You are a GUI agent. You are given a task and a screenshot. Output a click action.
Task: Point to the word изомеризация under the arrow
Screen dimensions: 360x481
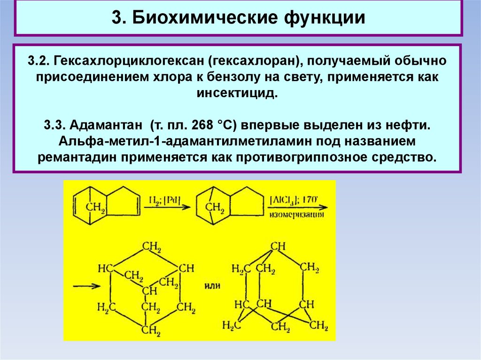[x=297, y=215]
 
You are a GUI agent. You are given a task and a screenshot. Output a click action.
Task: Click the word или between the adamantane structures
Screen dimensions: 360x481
[x=212, y=285]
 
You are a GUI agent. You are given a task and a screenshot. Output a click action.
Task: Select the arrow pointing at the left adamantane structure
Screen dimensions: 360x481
[x=88, y=286]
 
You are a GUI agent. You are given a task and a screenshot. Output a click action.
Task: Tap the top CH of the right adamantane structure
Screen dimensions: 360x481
[x=278, y=246]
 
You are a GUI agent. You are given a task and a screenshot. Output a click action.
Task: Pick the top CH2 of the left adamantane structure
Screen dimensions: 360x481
[x=153, y=246]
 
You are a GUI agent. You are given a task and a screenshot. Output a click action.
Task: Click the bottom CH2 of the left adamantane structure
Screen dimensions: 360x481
[x=151, y=329]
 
